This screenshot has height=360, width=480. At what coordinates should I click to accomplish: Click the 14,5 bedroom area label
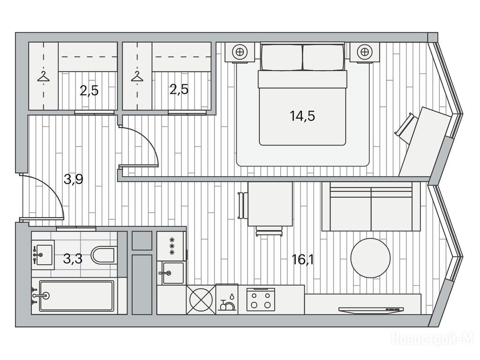(x=302, y=116)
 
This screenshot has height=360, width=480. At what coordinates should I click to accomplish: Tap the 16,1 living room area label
(x=302, y=260)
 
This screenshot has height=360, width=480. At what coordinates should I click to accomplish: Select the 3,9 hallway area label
(x=74, y=180)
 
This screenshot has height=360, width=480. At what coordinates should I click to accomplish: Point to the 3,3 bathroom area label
(x=73, y=259)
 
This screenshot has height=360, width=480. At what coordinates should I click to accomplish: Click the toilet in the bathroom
(x=103, y=255)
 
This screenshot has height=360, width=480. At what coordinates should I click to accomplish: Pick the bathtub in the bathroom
(x=76, y=296)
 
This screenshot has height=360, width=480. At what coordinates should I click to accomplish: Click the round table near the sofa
(x=370, y=258)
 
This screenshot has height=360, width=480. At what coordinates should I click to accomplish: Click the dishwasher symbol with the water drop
(x=227, y=300)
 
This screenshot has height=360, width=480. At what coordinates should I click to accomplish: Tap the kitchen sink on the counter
(x=171, y=273)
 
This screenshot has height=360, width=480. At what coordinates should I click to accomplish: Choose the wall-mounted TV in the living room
(x=371, y=310)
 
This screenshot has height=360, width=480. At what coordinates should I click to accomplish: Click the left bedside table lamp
(x=240, y=52)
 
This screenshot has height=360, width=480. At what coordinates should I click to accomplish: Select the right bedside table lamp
(x=364, y=52)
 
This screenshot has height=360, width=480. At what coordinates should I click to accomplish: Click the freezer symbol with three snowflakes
(x=172, y=246)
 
